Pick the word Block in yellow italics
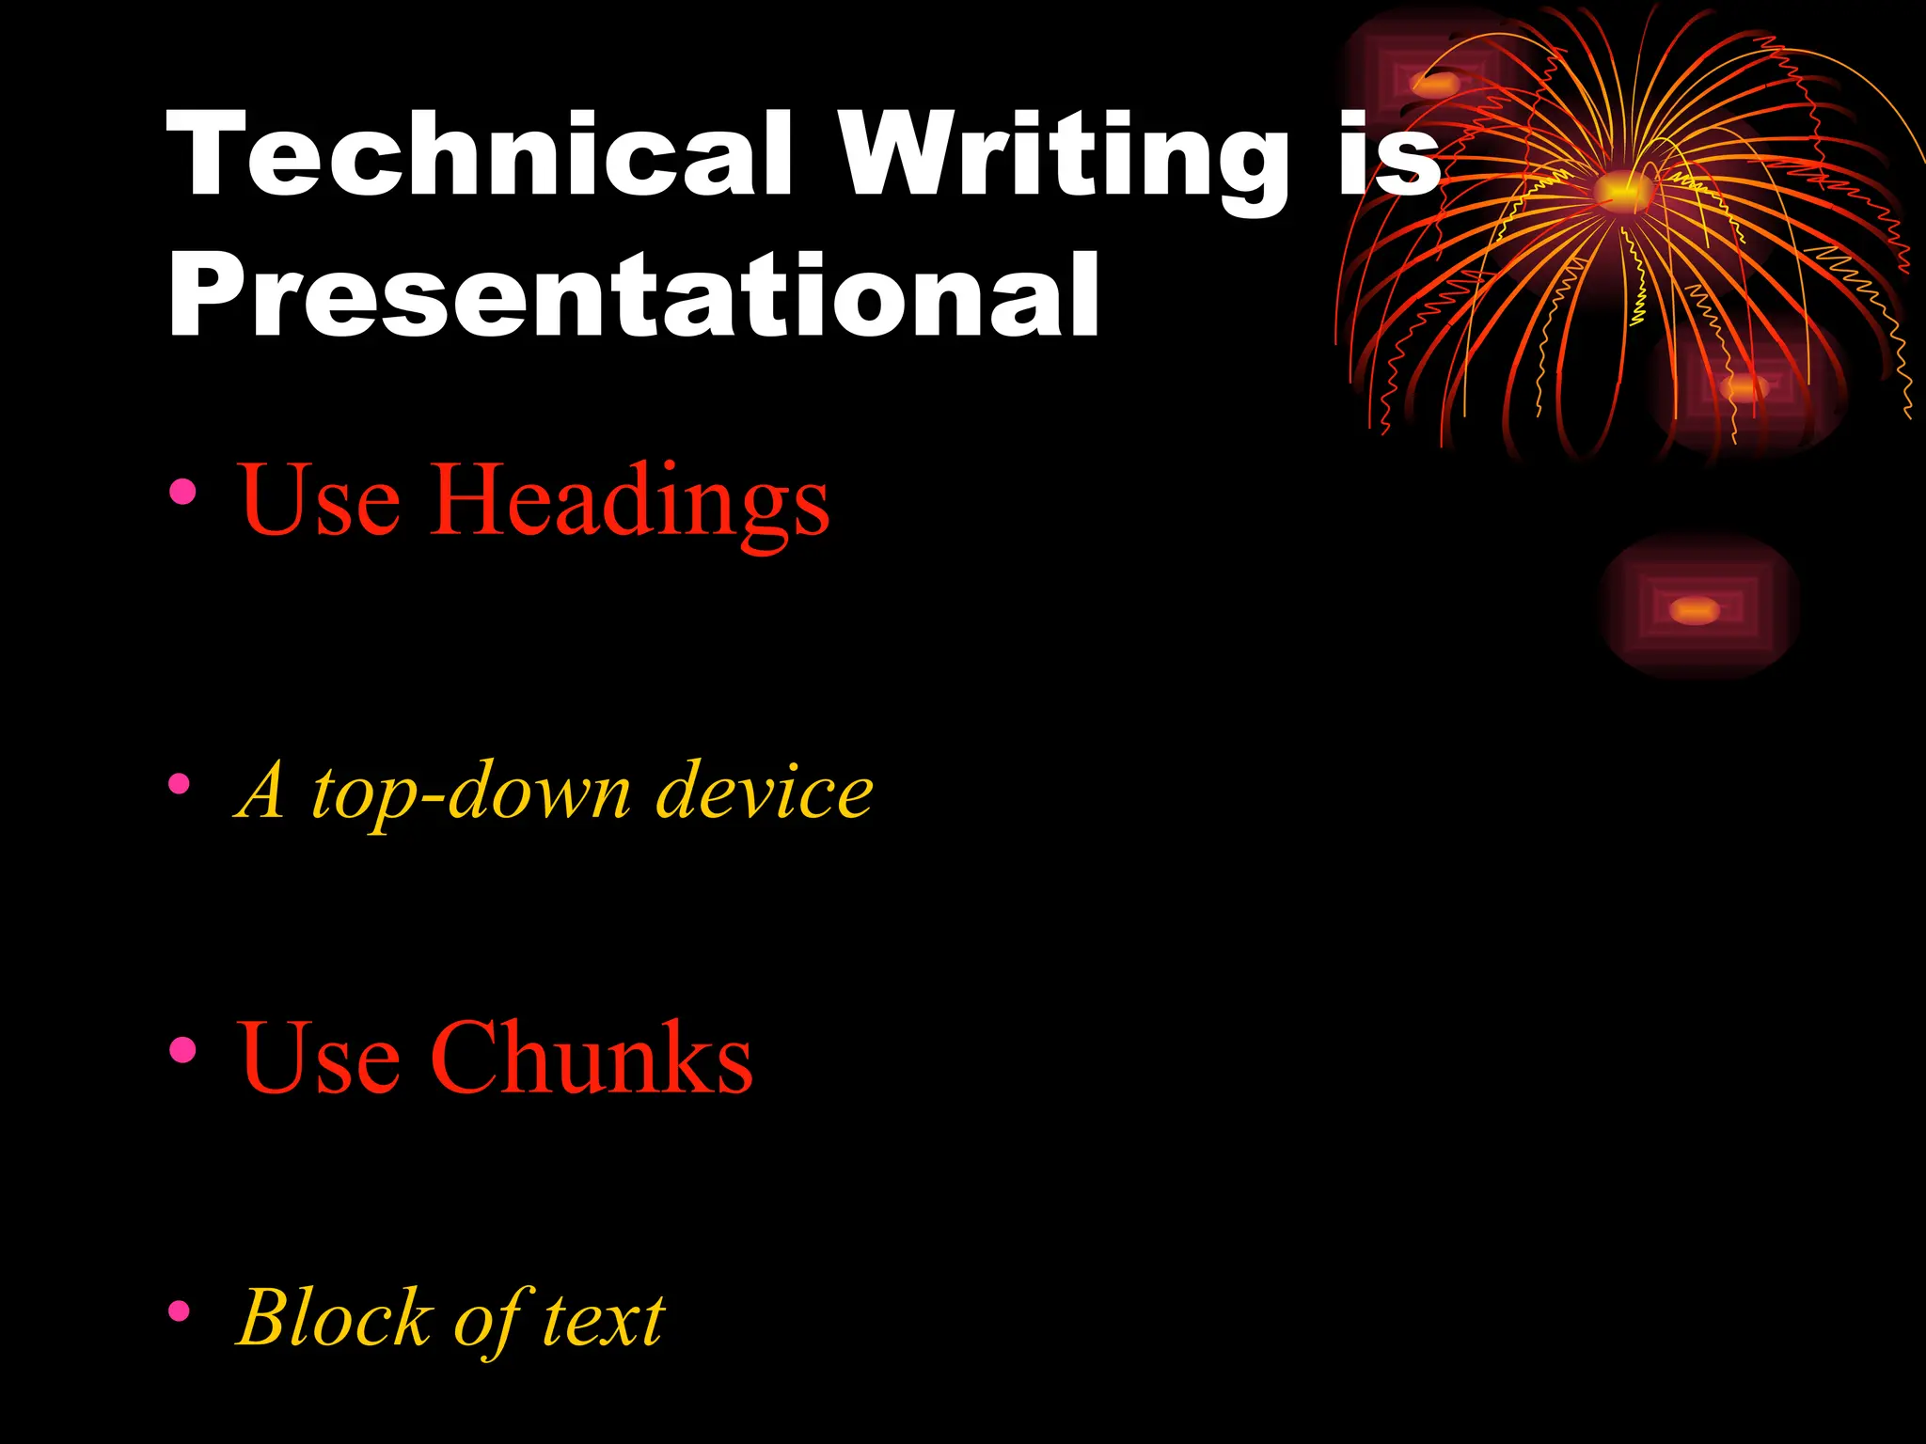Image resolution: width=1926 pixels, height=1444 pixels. [334, 1317]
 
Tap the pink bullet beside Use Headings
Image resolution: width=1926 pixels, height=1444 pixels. [182, 492]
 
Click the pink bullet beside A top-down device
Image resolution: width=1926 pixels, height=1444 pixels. [180, 784]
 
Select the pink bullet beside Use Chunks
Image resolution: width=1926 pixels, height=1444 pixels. [182, 1049]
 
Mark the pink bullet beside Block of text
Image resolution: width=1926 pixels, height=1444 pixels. [180, 1311]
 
